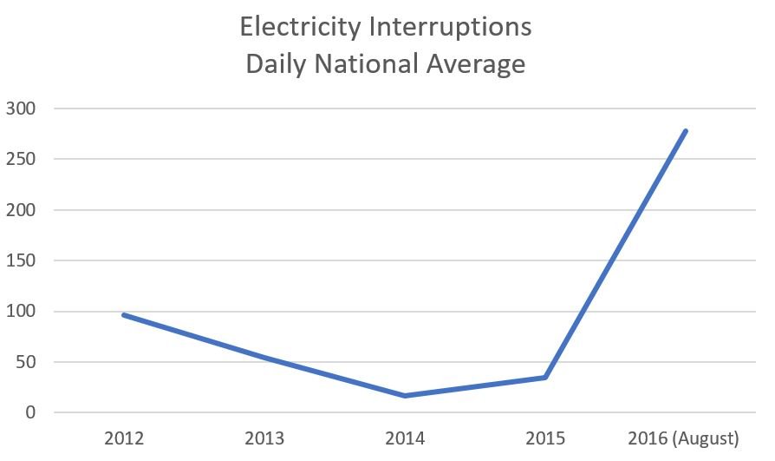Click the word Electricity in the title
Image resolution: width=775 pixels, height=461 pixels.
click(299, 28)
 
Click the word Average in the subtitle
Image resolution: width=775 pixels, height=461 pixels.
click(479, 65)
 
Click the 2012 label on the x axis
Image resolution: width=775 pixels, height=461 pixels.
click(124, 437)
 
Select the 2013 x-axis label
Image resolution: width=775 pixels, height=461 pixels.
click(264, 437)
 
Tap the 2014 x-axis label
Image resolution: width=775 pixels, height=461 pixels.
click(405, 437)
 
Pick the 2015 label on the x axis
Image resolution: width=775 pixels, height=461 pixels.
click(545, 437)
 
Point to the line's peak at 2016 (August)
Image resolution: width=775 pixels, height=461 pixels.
click(686, 131)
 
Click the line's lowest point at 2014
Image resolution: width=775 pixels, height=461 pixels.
click(405, 396)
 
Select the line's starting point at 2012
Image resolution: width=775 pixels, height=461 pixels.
click(124, 314)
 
